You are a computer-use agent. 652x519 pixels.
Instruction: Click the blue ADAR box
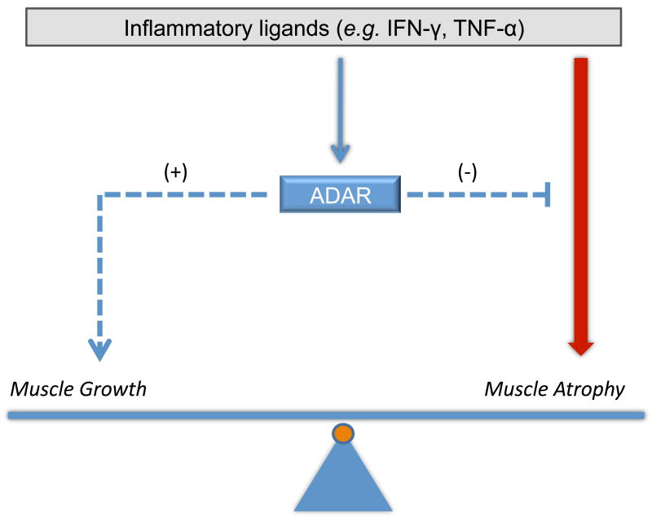[x=340, y=194]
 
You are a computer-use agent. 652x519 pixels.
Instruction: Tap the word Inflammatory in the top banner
[x=172, y=29]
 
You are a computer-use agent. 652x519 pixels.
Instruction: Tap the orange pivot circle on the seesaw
[x=343, y=434]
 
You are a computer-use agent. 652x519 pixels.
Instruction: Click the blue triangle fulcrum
[x=342, y=481]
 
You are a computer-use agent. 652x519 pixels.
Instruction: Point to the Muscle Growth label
[x=78, y=388]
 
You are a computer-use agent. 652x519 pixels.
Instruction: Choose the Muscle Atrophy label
[x=554, y=388]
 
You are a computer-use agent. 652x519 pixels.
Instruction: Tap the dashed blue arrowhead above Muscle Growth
[x=100, y=350]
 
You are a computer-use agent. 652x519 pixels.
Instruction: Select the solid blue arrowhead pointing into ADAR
[x=340, y=153]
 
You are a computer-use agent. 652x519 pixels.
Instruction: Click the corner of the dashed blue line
[x=101, y=195]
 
